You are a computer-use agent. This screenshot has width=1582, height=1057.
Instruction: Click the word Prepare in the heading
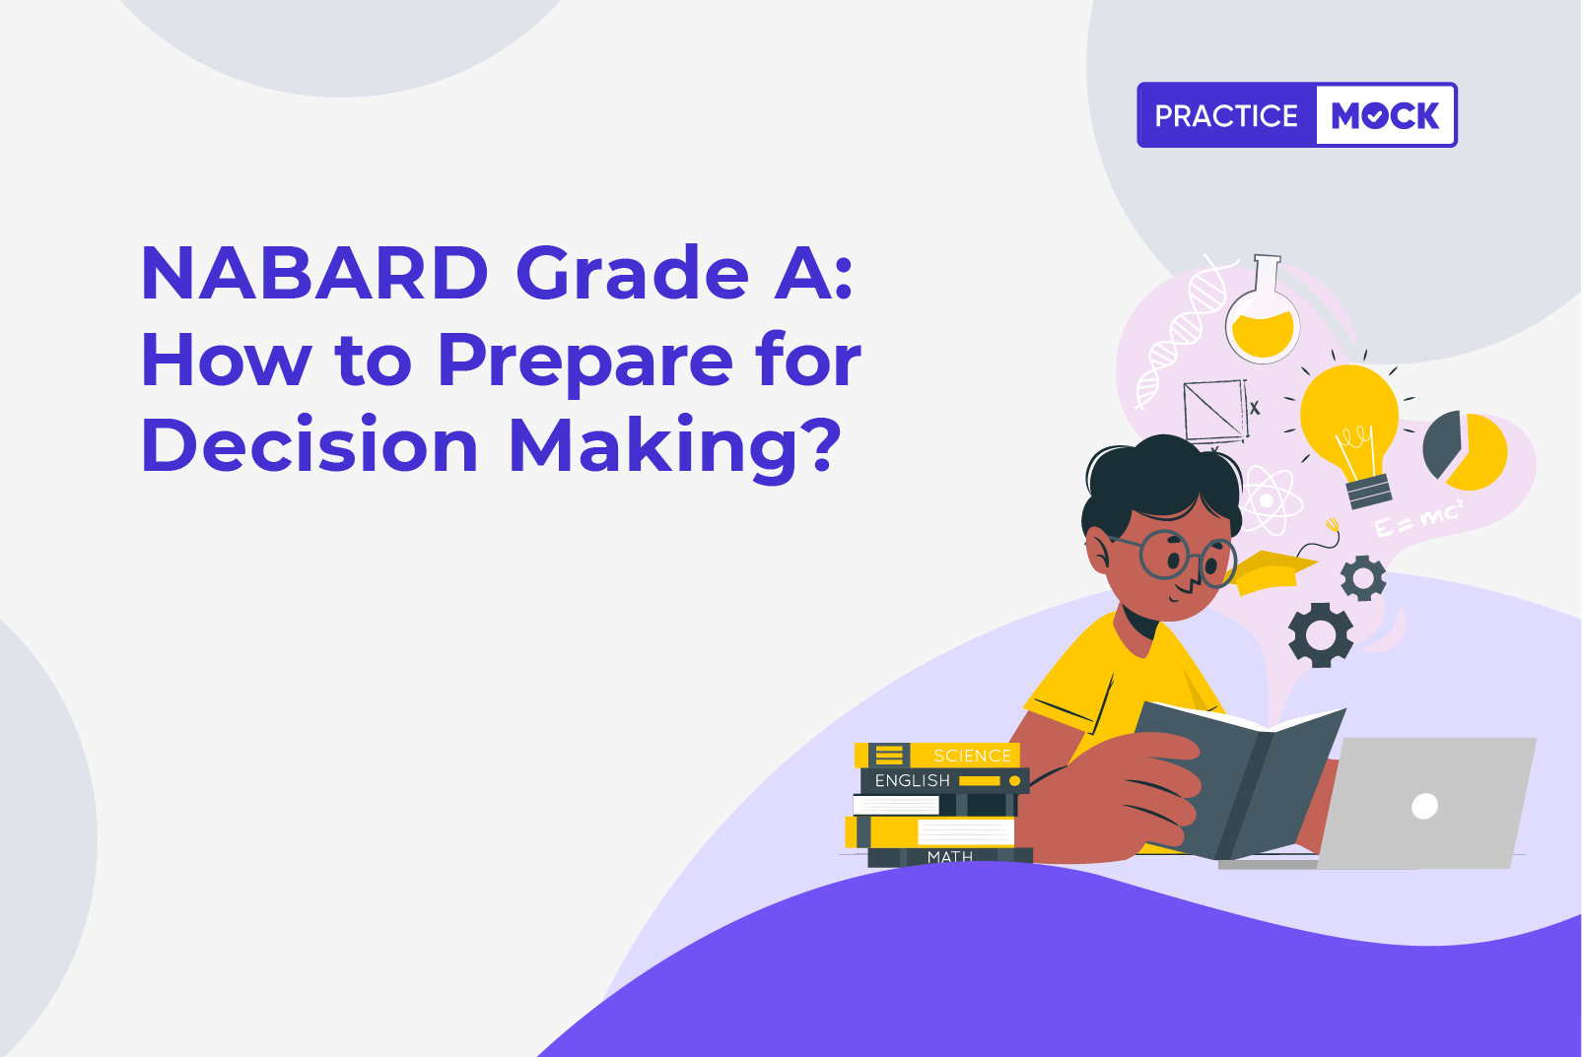point(585,363)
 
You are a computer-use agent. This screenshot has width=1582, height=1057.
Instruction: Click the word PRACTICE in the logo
point(1226,116)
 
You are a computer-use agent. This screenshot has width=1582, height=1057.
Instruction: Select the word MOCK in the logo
point(1385,115)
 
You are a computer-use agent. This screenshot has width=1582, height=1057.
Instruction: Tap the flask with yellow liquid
point(1263,309)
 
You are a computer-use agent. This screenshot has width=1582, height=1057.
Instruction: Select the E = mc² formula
point(1418,517)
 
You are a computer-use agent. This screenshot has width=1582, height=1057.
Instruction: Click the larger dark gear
point(1321,635)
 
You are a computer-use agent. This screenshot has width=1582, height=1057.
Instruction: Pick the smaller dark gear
point(1363,578)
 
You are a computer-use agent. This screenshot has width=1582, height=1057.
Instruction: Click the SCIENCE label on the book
point(972,756)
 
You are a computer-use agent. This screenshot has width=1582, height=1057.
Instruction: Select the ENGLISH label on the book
point(912,780)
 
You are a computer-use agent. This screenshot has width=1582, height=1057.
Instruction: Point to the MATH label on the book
point(950,857)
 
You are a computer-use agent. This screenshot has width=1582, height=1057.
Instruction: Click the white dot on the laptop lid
point(1423,806)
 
